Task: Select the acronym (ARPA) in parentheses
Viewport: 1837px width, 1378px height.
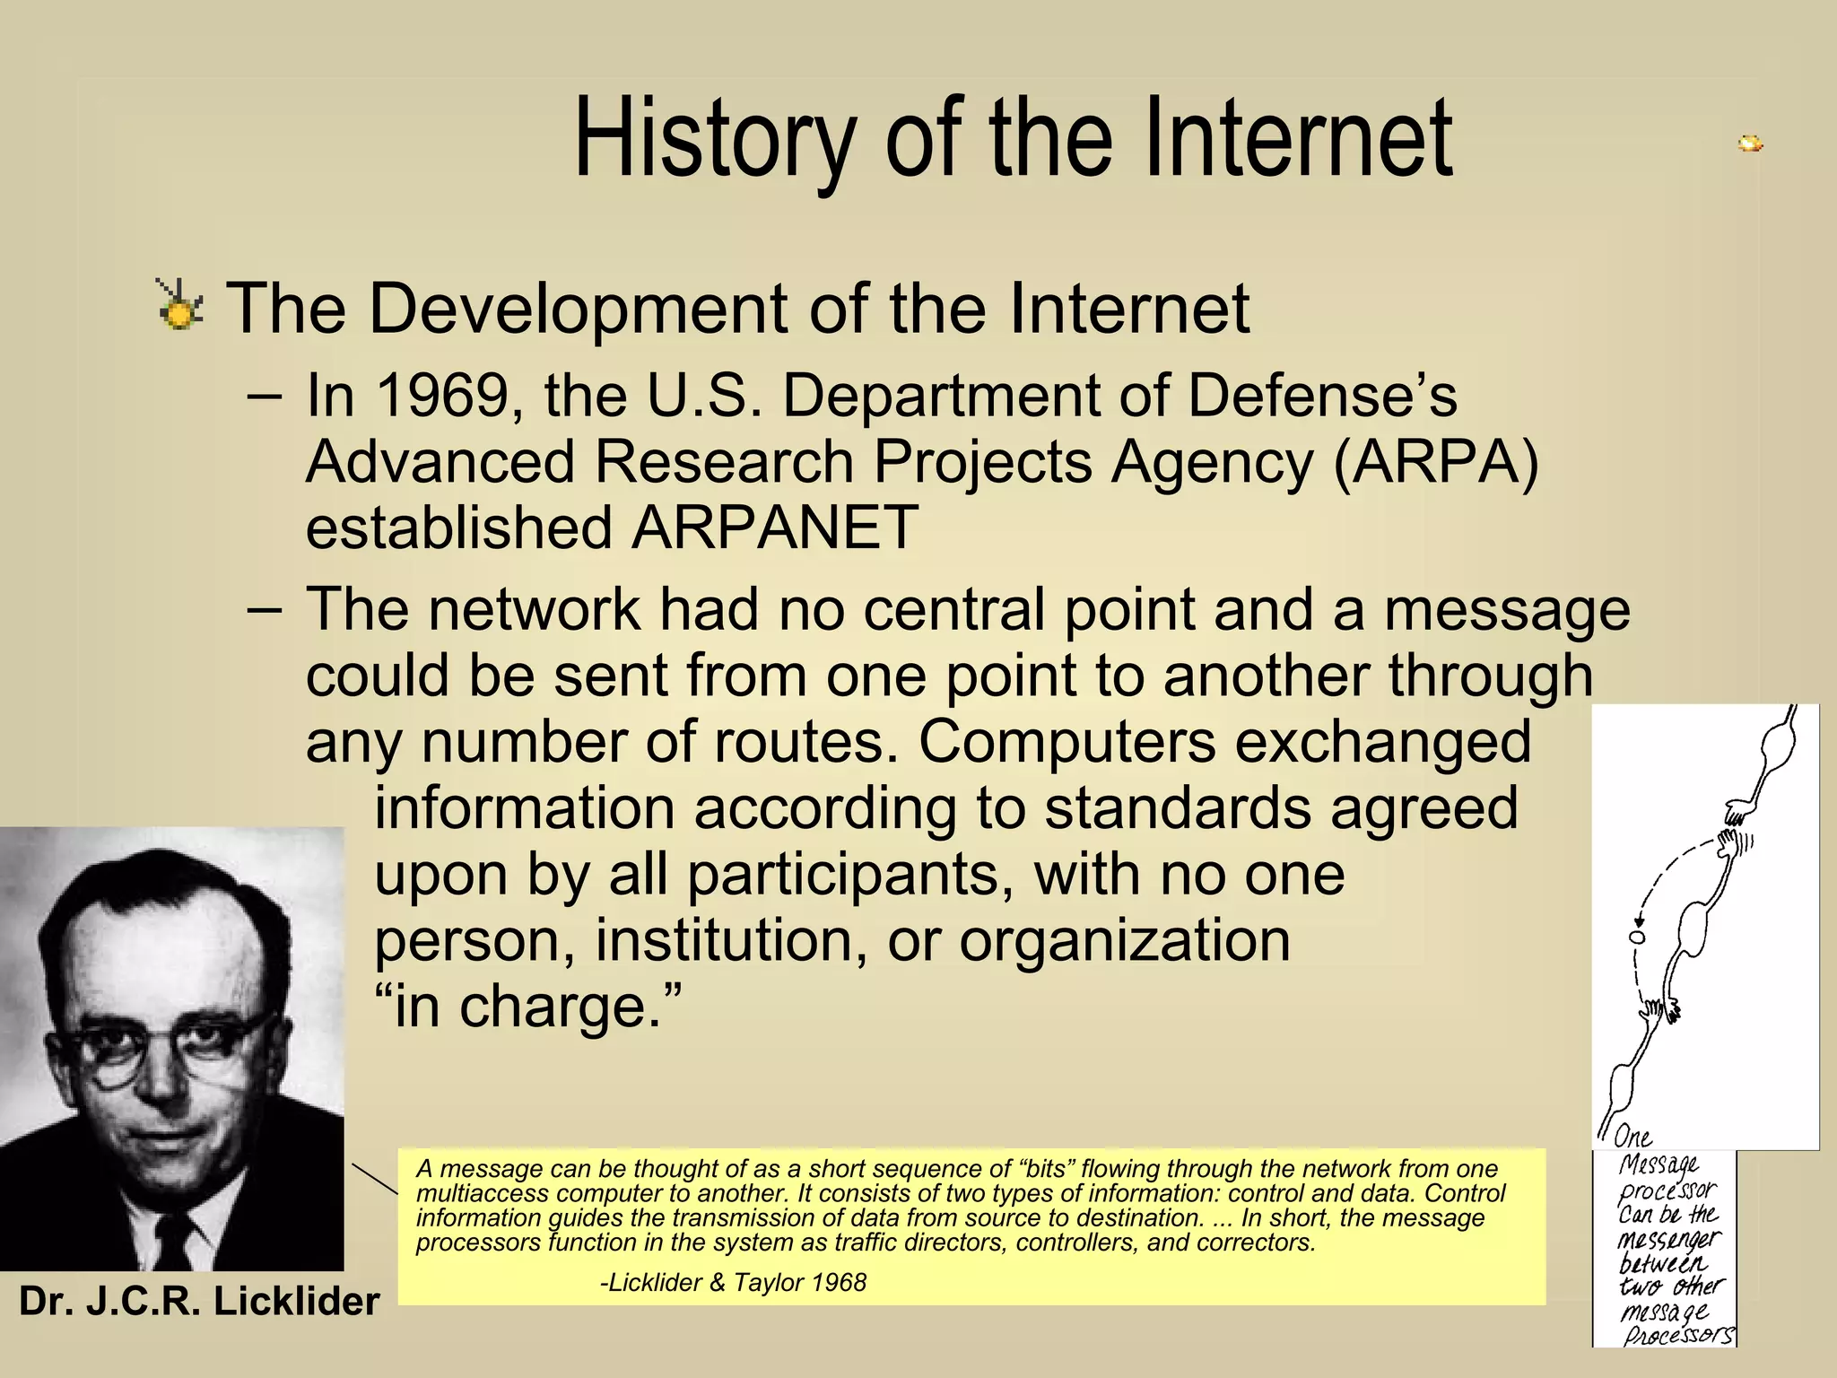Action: click(1436, 462)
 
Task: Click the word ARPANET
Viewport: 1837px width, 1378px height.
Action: click(775, 528)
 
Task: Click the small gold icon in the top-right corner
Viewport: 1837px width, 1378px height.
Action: click(1750, 144)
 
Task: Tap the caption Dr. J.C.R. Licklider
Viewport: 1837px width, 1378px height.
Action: click(199, 1301)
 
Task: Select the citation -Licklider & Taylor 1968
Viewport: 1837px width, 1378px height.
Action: click(733, 1282)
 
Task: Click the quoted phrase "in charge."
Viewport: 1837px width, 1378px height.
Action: click(528, 1006)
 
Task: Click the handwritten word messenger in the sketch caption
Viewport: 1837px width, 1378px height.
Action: click(1668, 1239)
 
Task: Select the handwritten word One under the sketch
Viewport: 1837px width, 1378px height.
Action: click(1632, 1138)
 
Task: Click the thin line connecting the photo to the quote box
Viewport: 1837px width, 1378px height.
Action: click(374, 1179)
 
